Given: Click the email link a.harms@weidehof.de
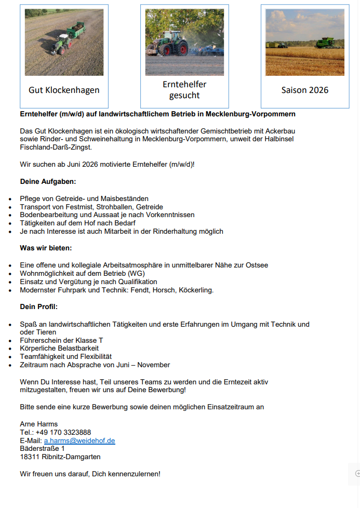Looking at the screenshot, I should click(x=79, y=440).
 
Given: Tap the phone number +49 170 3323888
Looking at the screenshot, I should click(x=63, y=432).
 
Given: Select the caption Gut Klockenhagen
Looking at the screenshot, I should click(x=64, y=90).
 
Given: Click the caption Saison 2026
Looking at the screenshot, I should click(x=305, y=90).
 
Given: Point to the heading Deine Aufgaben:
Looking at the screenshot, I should click(x=48, y=182).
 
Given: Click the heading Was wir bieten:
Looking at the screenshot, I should click(x=46, y=248).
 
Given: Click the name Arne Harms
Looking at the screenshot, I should click(x=39, y=424).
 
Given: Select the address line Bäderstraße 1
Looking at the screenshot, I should click(x=42, y=448).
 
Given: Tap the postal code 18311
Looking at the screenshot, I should click(x=30, y=457).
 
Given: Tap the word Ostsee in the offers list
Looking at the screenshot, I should click(x=256, y=265).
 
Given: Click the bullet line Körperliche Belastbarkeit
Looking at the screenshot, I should click(x=59, y=348).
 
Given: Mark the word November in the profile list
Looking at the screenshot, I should click(x=154, y=365).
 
